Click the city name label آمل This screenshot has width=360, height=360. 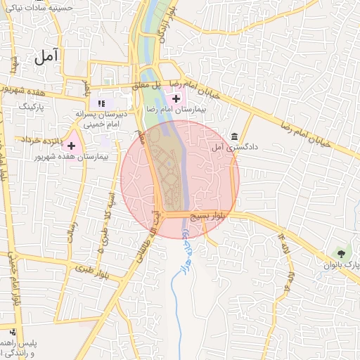click(48, 59)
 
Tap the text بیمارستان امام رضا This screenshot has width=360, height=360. click(171, 110)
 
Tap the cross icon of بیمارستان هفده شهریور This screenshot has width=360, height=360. click(71, 144)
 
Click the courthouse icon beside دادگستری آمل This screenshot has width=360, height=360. click(234, 136)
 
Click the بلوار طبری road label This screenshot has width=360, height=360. click(94, 268)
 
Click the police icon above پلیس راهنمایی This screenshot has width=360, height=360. click(12, 331)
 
